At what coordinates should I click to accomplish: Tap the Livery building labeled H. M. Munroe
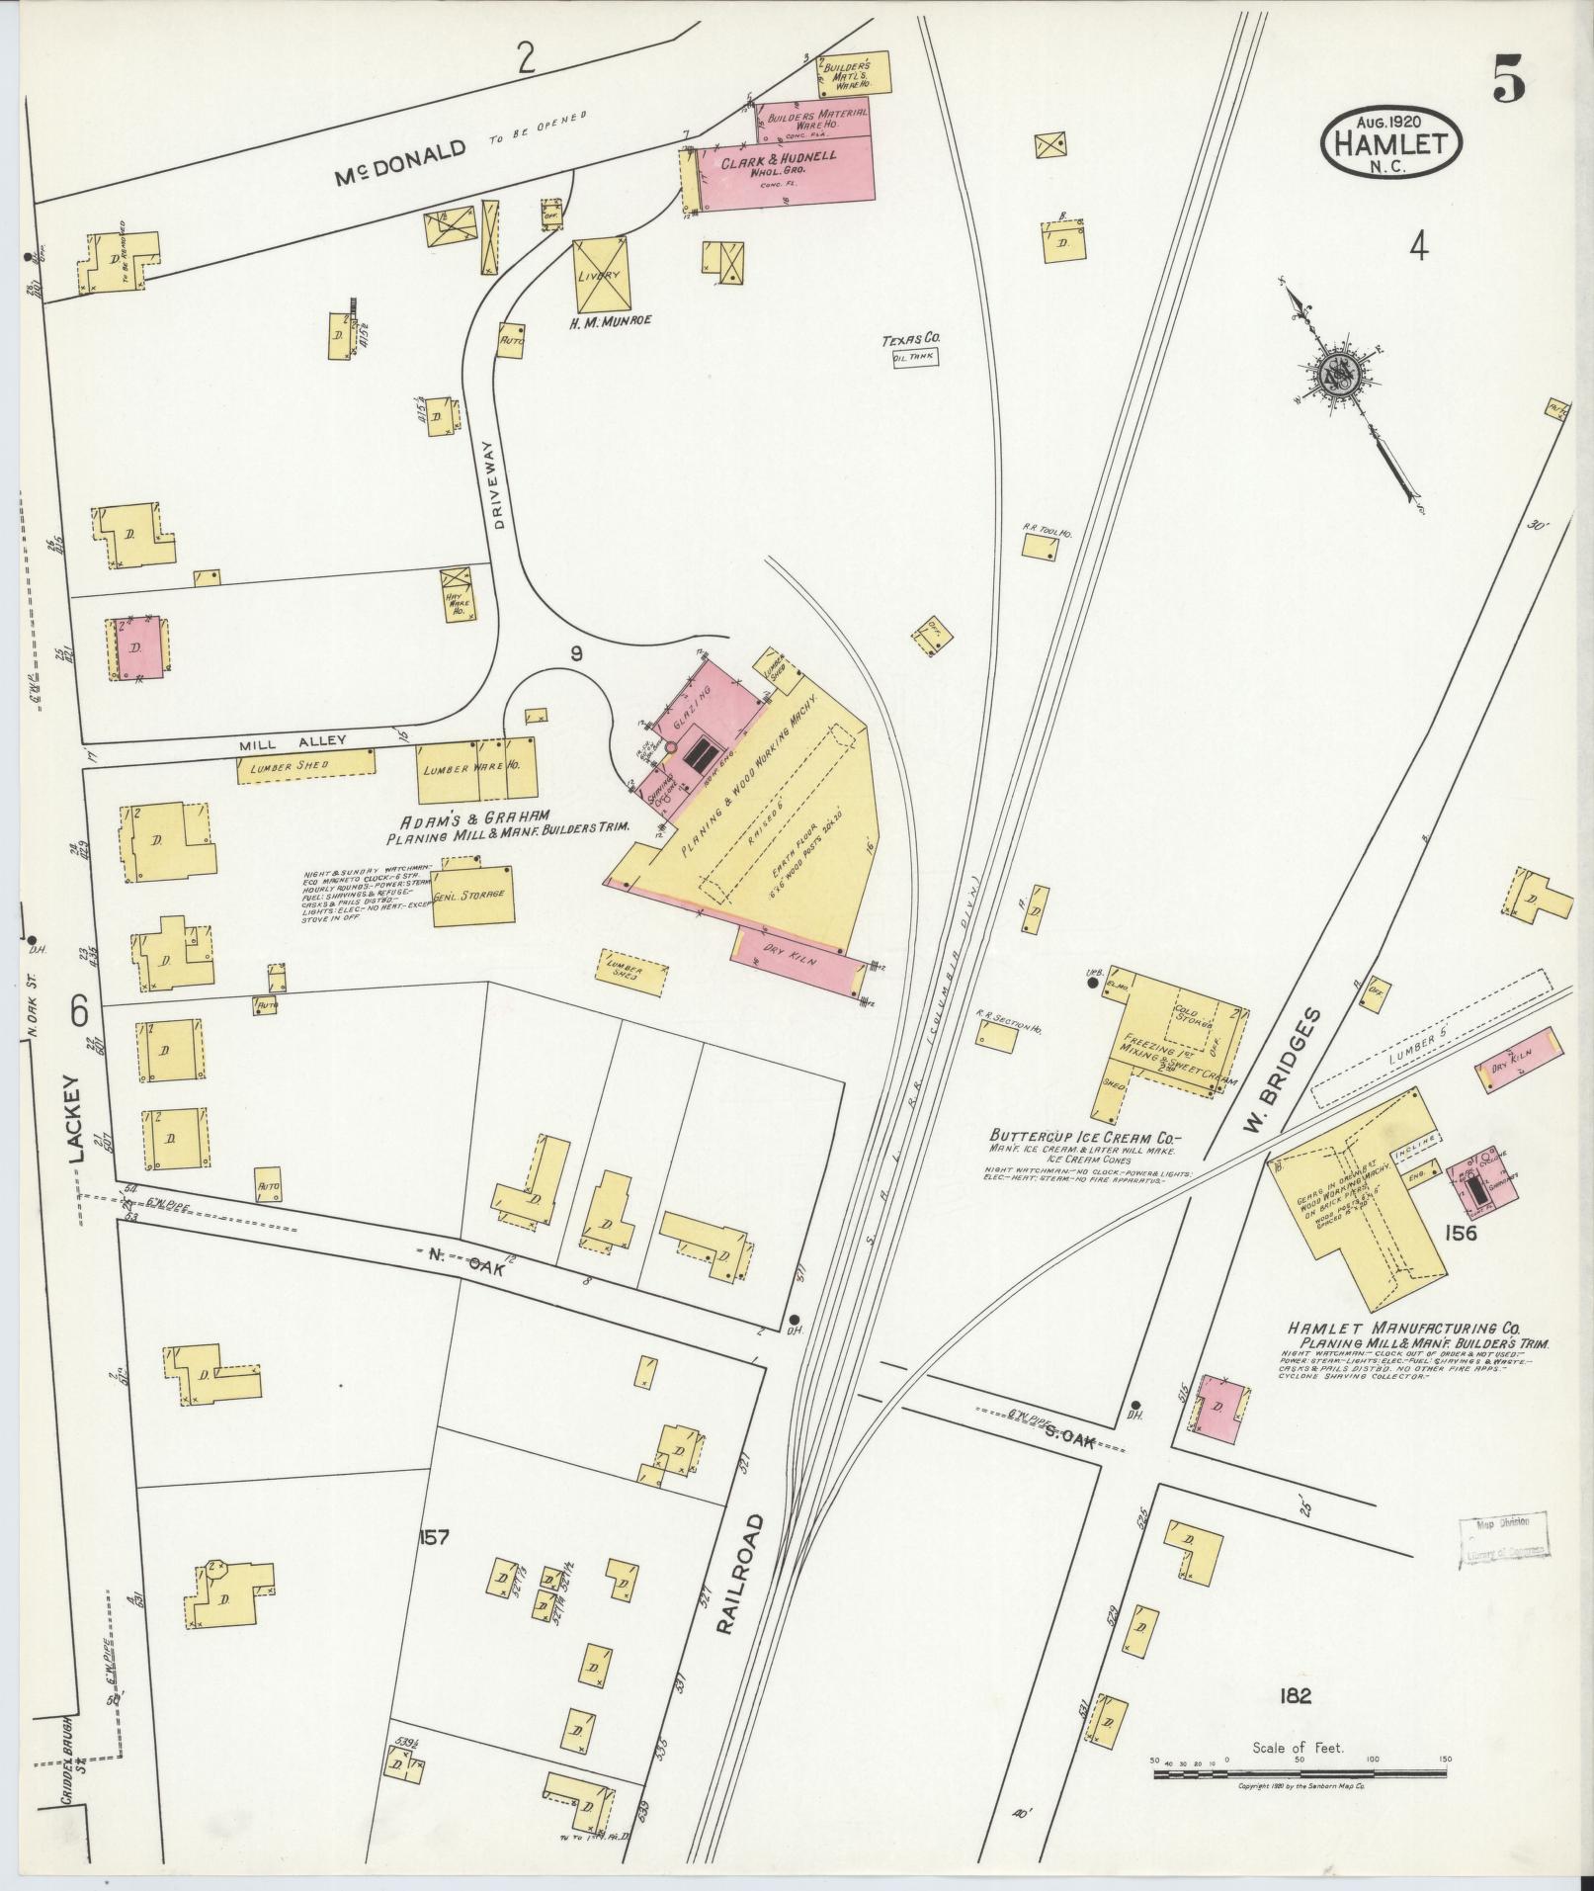pos(602,276)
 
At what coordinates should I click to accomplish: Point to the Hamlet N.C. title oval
pos(1390,141)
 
